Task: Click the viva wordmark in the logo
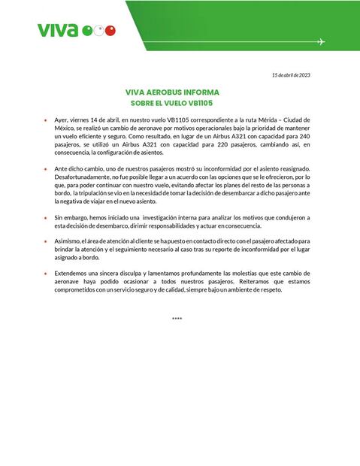[57, 30]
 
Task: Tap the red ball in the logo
[110, 31]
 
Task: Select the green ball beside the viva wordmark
[87, 31]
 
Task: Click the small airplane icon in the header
[321, 41]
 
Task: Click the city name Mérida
[259, 120]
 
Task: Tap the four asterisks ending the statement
[177, 319]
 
